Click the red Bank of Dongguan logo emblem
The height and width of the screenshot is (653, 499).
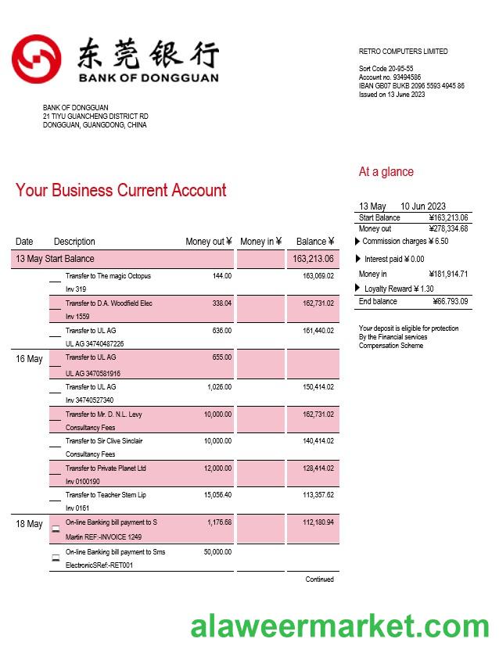click(x=36, y=59)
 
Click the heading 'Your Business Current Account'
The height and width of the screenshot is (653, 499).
click(x=120, y=190)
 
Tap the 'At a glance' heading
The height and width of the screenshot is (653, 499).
click(x=386, y=172)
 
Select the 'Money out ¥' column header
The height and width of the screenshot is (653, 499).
click(x=208, y=242)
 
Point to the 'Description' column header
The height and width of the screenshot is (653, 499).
click(x=74, y=242)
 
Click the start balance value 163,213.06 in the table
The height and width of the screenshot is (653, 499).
click(x=313, y=259)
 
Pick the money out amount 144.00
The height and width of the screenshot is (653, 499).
click(x=222, y=276)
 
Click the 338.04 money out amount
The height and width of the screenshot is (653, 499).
click(x=222, y=303)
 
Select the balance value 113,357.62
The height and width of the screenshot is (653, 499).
click(x=318, y=495)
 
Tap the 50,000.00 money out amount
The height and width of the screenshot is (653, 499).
click(x=218, y=552)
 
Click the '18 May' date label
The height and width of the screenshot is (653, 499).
click(x=29, y=524)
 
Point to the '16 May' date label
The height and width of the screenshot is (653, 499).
click(x=29, y=359)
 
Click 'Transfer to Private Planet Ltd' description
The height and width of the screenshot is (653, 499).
click(x=106, y=468)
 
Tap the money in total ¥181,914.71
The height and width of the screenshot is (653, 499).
click(x=448, y=274)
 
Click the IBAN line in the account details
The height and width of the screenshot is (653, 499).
click(x=411, y=86)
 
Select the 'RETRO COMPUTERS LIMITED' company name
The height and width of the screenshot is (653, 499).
click(x=403, y=52)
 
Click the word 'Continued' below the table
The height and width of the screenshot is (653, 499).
click(x=319, y=579)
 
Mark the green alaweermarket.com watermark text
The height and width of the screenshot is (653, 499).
click(x=340, y=626)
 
